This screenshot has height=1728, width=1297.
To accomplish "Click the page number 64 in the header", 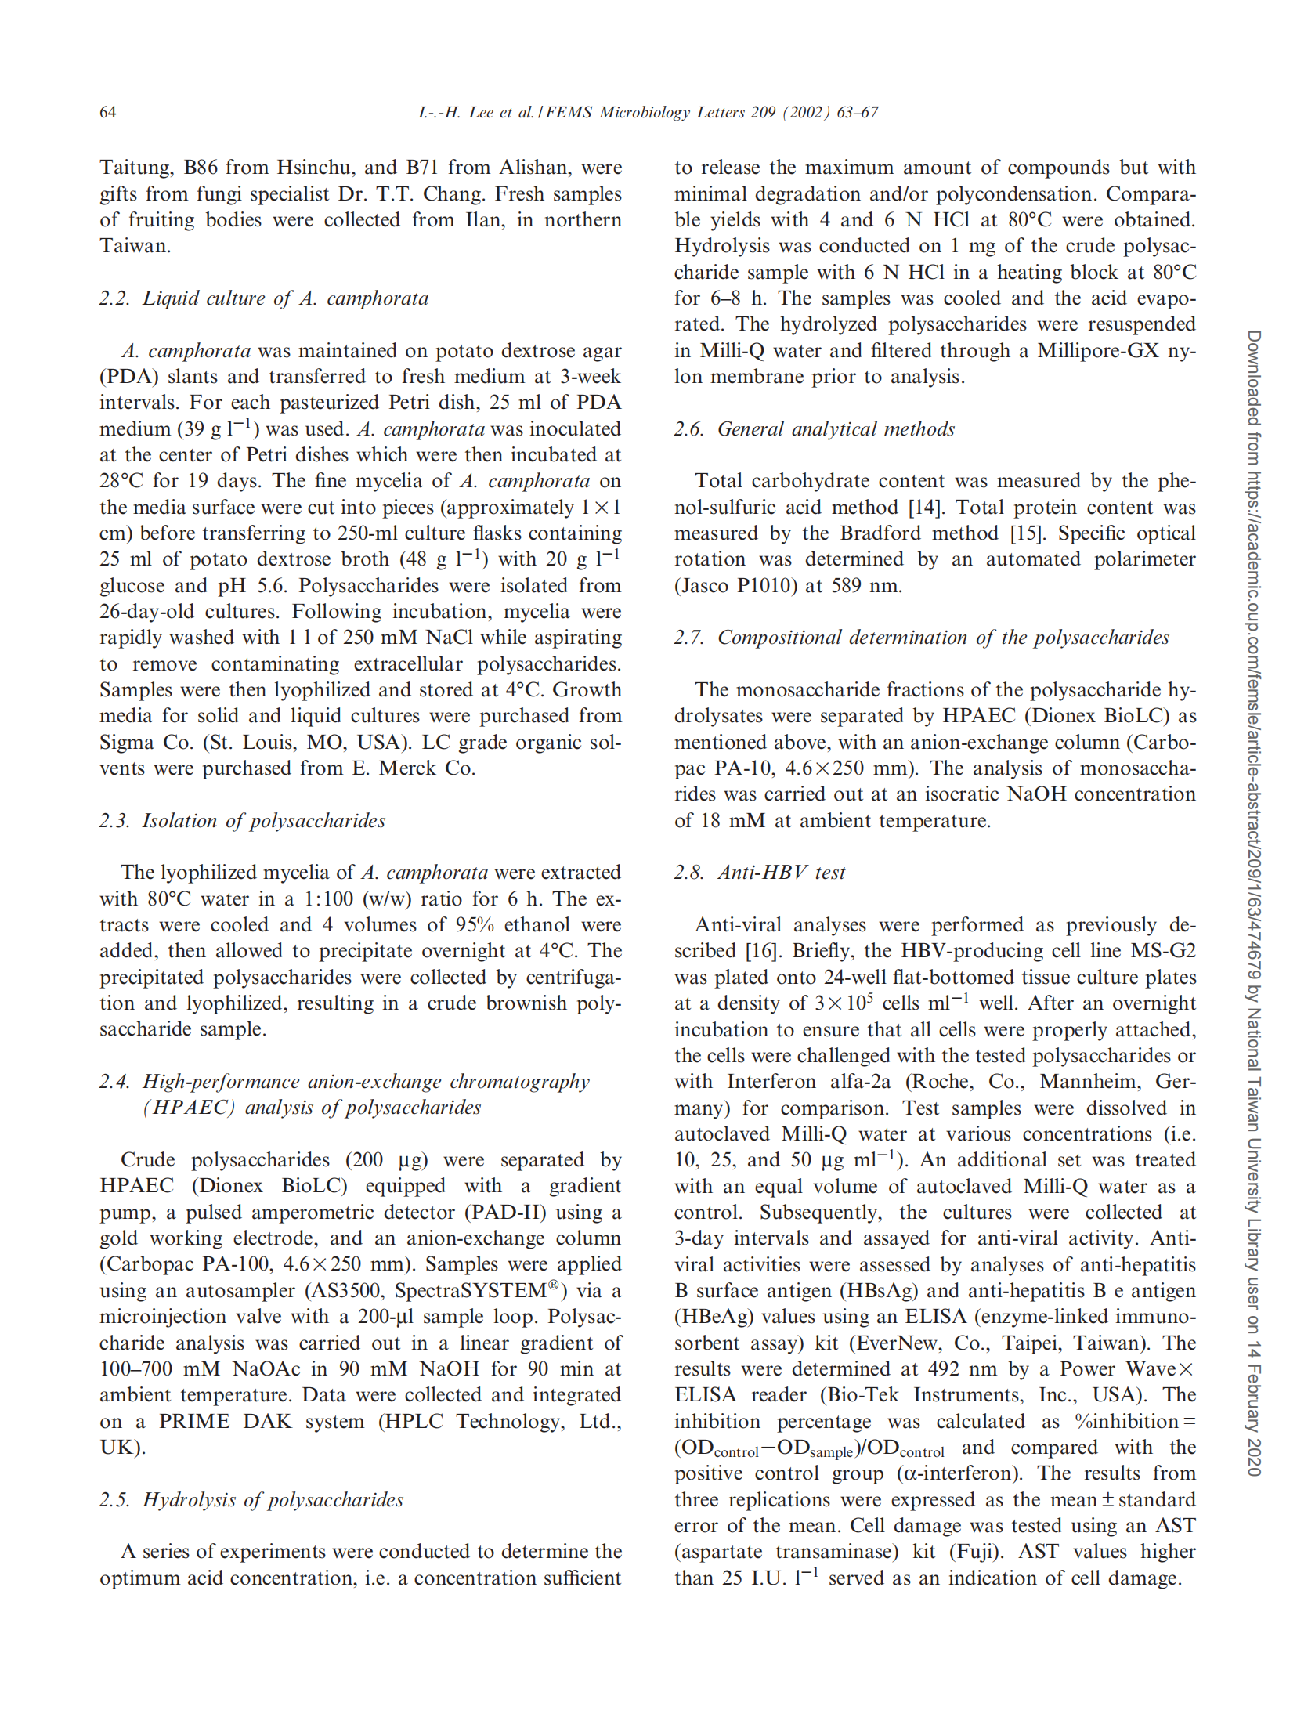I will [x=107, y=112].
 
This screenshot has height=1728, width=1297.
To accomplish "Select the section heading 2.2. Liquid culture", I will [x=263, y=298].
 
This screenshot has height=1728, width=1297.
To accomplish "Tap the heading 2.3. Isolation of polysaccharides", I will [x=242, y=820].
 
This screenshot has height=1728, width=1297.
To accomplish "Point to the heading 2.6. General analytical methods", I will [x=814, y=428].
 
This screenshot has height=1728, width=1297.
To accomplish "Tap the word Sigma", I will [x=128, y=742].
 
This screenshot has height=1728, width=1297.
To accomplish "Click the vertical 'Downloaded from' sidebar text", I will [x=1254, y=901].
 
